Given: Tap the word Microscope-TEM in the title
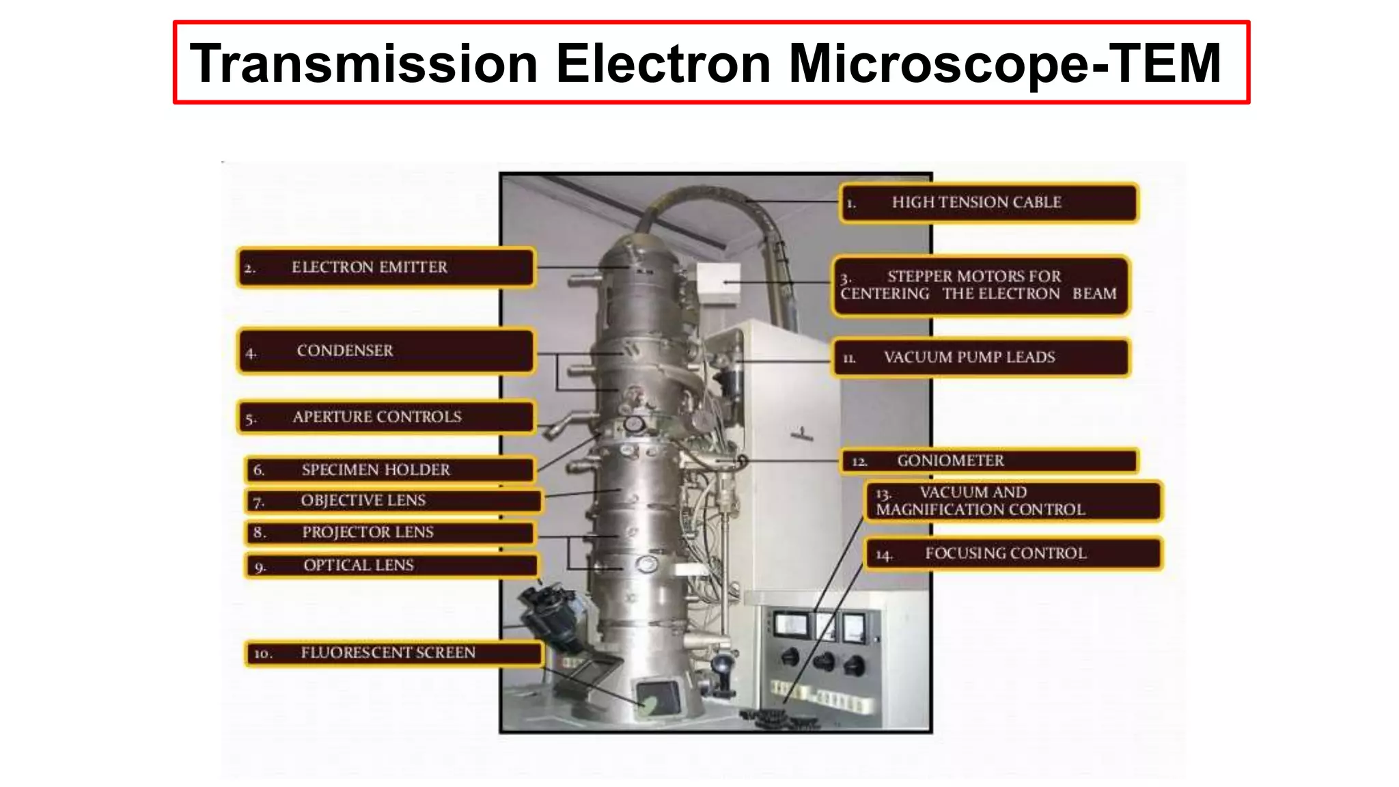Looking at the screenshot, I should point(1005,64).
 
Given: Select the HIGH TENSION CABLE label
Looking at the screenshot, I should point(988,203).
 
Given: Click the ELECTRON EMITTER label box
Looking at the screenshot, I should point(386,267).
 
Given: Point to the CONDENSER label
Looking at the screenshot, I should point(386,351).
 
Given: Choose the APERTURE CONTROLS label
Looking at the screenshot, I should point(386,417).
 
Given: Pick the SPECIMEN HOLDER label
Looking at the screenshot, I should point(389,470).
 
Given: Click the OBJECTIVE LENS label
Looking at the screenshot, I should point(393,501).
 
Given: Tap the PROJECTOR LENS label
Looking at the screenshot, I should point(389,532).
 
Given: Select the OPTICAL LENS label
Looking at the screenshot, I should point(391,566).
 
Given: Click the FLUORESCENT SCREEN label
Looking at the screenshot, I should point(394,653).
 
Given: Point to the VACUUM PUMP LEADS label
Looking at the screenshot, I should point(981,357).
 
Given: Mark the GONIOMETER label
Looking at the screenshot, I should point(988,461).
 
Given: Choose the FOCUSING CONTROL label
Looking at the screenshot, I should point(1014,553).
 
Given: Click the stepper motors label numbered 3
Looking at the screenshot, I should point(980,286).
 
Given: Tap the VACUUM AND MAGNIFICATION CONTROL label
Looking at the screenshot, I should point(1013,501).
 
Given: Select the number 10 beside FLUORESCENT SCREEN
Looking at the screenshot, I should point(263,654).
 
